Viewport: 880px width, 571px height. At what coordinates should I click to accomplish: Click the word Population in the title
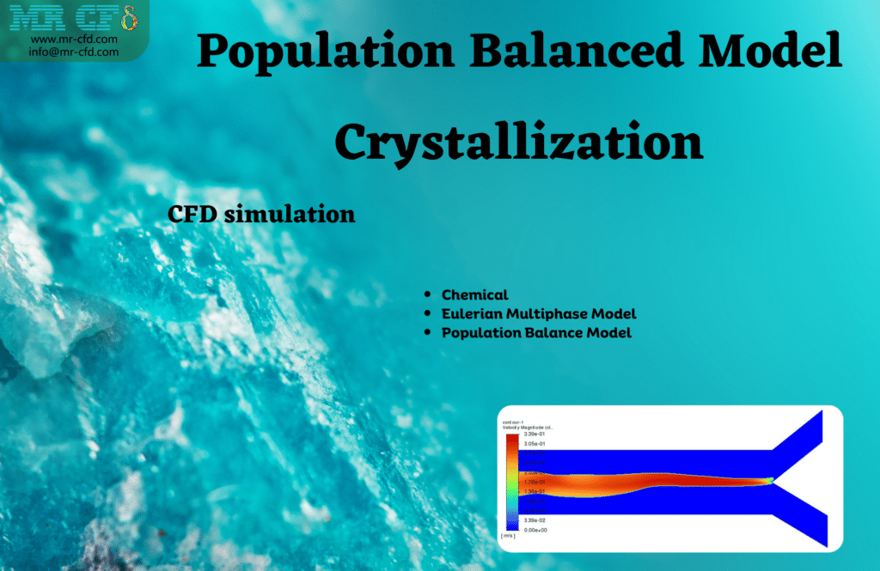click(x=326, y=54)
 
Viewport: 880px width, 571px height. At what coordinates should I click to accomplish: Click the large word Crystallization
click(x=518, y=143)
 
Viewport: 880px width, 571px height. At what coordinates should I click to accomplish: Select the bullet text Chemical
click(x=474, y=295)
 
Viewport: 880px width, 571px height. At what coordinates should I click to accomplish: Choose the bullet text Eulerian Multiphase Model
click(x=539, y=313)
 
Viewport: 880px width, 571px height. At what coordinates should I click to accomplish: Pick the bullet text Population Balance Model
click(x=536, y=332)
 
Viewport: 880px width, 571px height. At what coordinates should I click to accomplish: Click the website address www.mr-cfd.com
click(x=74, y=39)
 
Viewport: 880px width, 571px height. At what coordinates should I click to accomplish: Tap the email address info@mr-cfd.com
click(x=74, y=52)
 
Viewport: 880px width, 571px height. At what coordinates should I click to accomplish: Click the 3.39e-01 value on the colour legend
click(x=534, y=435)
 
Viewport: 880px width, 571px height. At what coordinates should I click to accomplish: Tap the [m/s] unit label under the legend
click(x=510, y=536)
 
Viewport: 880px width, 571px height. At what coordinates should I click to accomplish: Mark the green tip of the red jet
click(x=771, y=480)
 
